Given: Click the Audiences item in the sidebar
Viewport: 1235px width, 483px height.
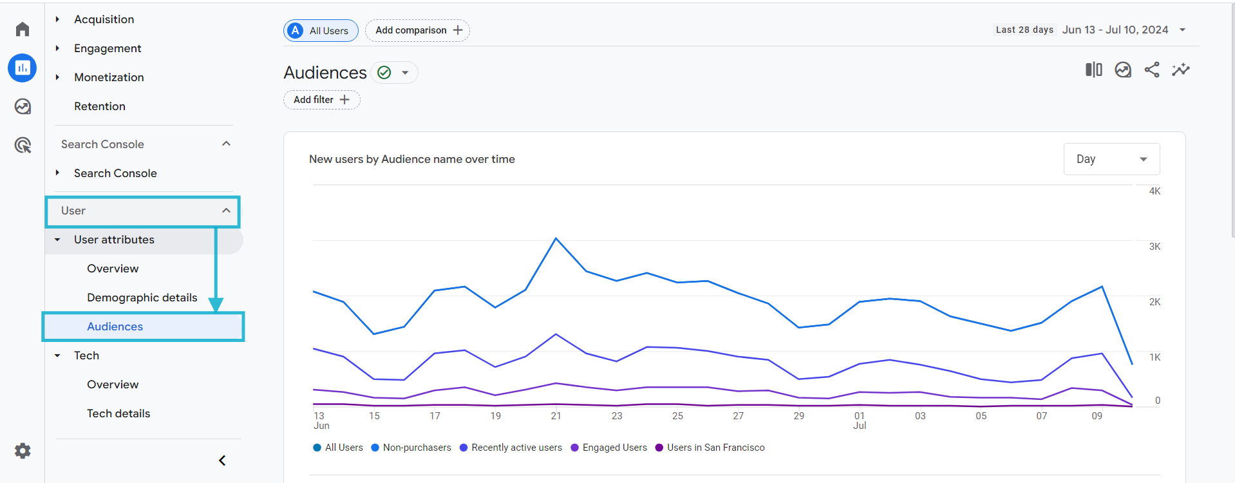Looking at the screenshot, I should point(115,327).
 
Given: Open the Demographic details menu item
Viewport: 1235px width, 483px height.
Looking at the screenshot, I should point(142,298).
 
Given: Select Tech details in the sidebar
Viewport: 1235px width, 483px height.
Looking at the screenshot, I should point(118,413).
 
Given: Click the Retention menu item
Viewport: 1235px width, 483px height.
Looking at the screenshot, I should point(100,106).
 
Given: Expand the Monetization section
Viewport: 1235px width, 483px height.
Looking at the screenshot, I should point(109,77).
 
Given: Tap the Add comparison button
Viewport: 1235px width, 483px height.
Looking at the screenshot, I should point(418,30).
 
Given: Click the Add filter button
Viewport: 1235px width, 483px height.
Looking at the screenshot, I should point(321,100).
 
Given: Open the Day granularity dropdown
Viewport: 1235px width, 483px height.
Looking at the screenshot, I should point(1111,159).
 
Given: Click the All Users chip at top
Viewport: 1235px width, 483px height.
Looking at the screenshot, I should point(321,30).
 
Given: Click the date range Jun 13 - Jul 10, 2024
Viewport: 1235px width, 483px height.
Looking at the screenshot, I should point(1115,30).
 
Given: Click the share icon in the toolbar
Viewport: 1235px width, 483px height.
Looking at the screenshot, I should point(1152,70).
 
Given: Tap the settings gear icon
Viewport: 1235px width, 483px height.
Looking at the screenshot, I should point(23,451).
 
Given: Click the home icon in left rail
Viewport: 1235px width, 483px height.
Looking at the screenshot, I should point(23,29).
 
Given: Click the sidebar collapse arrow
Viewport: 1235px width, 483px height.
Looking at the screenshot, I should point(222,460).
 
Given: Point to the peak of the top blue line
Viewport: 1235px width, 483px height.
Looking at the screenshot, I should point(556,239).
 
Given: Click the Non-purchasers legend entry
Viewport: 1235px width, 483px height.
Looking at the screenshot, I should point(417,448).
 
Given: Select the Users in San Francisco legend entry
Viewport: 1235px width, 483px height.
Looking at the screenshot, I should point(715,448).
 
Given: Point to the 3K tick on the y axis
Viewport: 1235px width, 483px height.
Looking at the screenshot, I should point(1155,247).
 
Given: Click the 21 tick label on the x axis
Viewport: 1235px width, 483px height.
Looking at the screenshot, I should point(556,416).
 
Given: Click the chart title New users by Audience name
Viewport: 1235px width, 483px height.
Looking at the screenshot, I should point(411,159).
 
